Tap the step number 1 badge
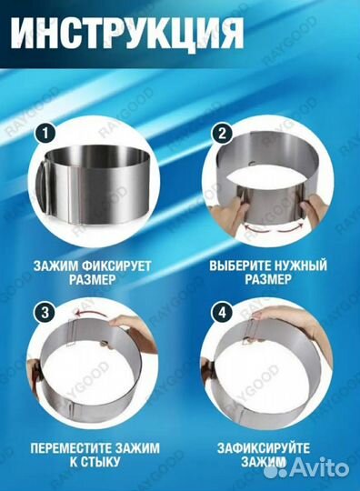[41, 134]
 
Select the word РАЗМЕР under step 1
[89, 282]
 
